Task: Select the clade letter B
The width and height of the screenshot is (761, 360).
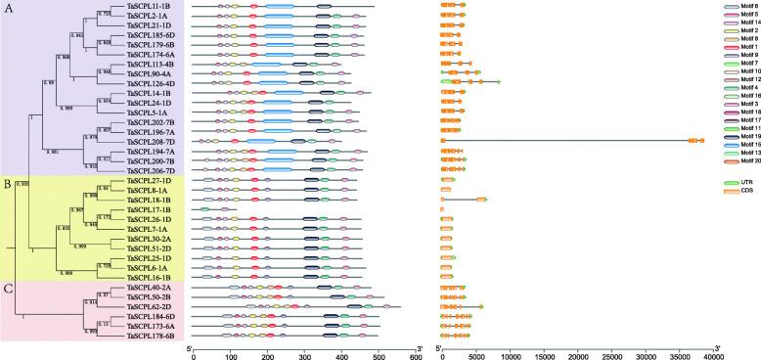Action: [x=9, y=182]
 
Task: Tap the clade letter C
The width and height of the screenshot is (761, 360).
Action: [x=9, y=261]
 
